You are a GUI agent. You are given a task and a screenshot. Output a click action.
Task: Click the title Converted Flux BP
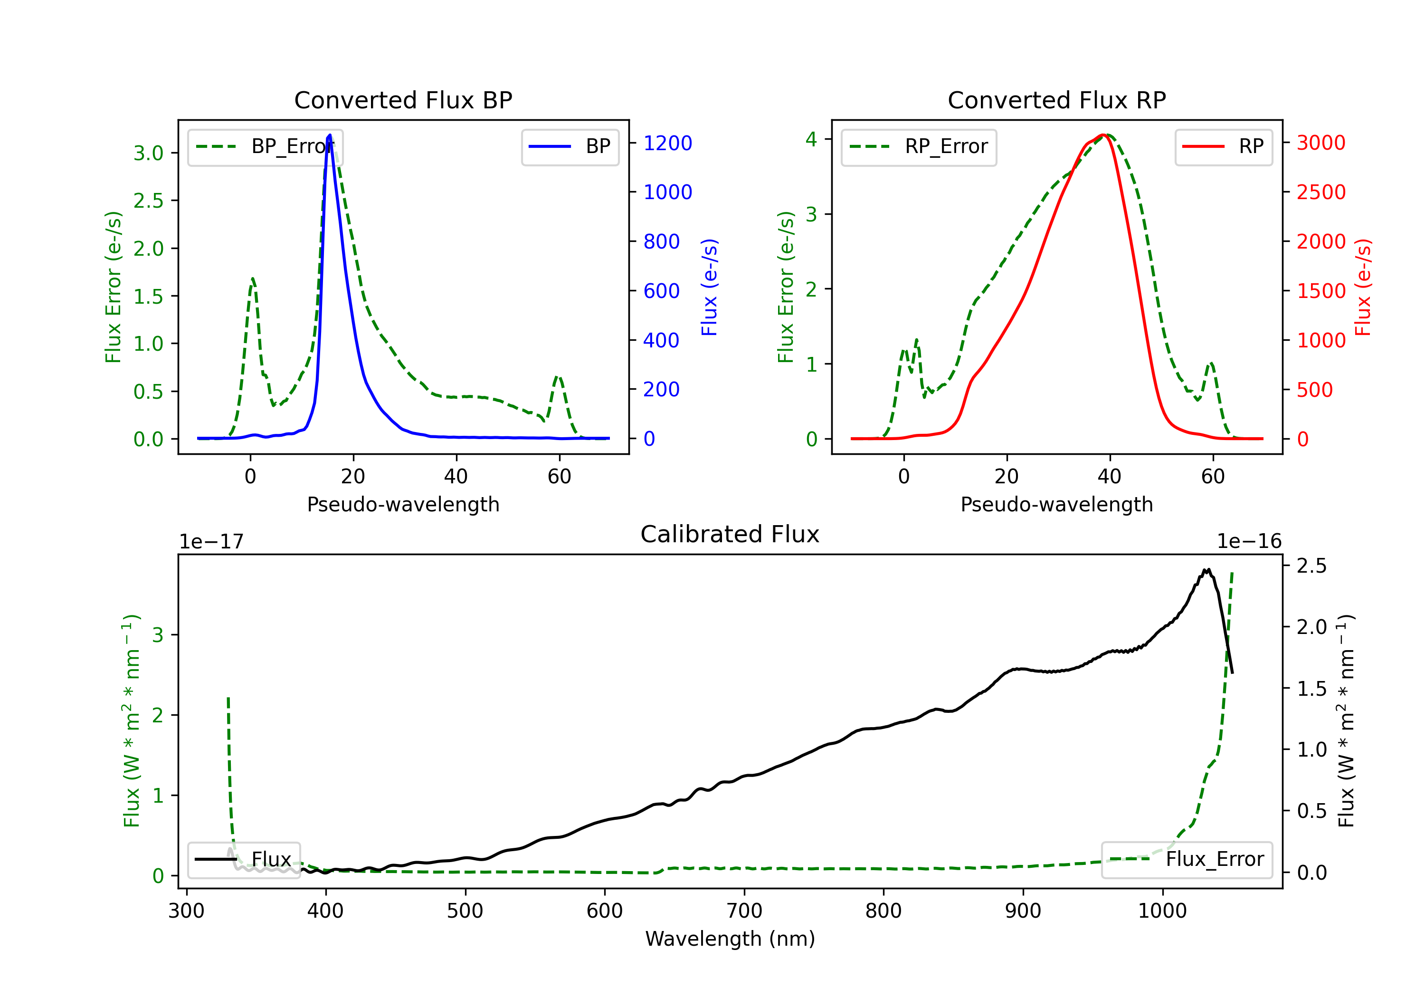(403, 100)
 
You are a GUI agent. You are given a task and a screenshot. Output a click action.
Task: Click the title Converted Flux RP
(1056, 100)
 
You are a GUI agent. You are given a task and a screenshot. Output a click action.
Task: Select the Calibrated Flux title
(730, 534)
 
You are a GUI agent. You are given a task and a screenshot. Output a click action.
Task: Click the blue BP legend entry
(570, 146)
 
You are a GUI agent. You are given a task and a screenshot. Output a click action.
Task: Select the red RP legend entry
(1223, 146)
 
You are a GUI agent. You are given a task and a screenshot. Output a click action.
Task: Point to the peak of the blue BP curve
(330, 135)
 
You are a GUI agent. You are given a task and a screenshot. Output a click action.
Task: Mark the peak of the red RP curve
(1104, 135)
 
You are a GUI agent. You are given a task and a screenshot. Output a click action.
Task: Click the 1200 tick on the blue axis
(668, 144)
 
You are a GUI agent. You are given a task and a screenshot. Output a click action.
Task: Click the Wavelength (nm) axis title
(730, 939)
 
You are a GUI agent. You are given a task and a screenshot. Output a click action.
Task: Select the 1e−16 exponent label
(1249, 542)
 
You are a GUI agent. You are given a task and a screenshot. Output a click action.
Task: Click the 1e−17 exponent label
(212, 542)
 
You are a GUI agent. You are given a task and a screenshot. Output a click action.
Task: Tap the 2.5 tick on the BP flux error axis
(148, 201)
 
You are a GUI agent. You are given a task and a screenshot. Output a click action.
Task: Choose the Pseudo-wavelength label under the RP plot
(1056, 504)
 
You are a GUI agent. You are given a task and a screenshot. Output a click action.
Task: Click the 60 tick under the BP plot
(559, 477)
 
